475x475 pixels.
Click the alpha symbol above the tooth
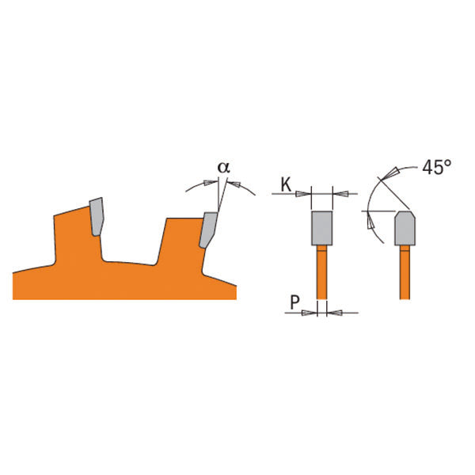pyautogui.click(x=223, y=168)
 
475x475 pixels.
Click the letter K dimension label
pyautogui.click(x=286, y=184)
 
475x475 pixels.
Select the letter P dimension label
pyautogui.click(x=294, y=302)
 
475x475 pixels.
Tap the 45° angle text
pyautogui.click(x=436, y=167)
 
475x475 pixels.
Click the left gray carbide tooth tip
pyautogui.click(x=97, y=216)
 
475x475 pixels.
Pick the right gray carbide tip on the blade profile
pyautogui.click(x=208, y=230)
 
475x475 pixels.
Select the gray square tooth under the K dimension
pyautogui.click(x=321, y=228)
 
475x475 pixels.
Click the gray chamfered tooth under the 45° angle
pyautogui.click(x=405, y=228)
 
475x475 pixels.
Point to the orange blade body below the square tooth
pyautogui.click(x=321, y=272)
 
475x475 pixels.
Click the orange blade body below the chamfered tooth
pyautogui.click(x=405, y=272)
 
